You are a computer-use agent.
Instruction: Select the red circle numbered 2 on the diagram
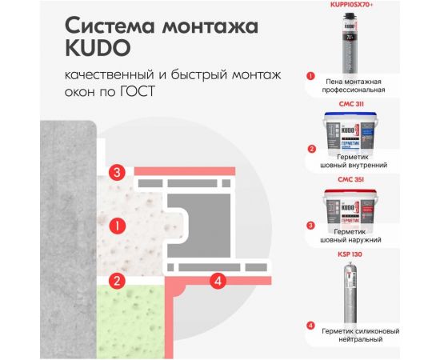[x=118, y=281]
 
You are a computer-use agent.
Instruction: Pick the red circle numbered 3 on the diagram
[x=118, y=172]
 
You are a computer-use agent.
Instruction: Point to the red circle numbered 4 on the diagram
[x=216, y=280]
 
